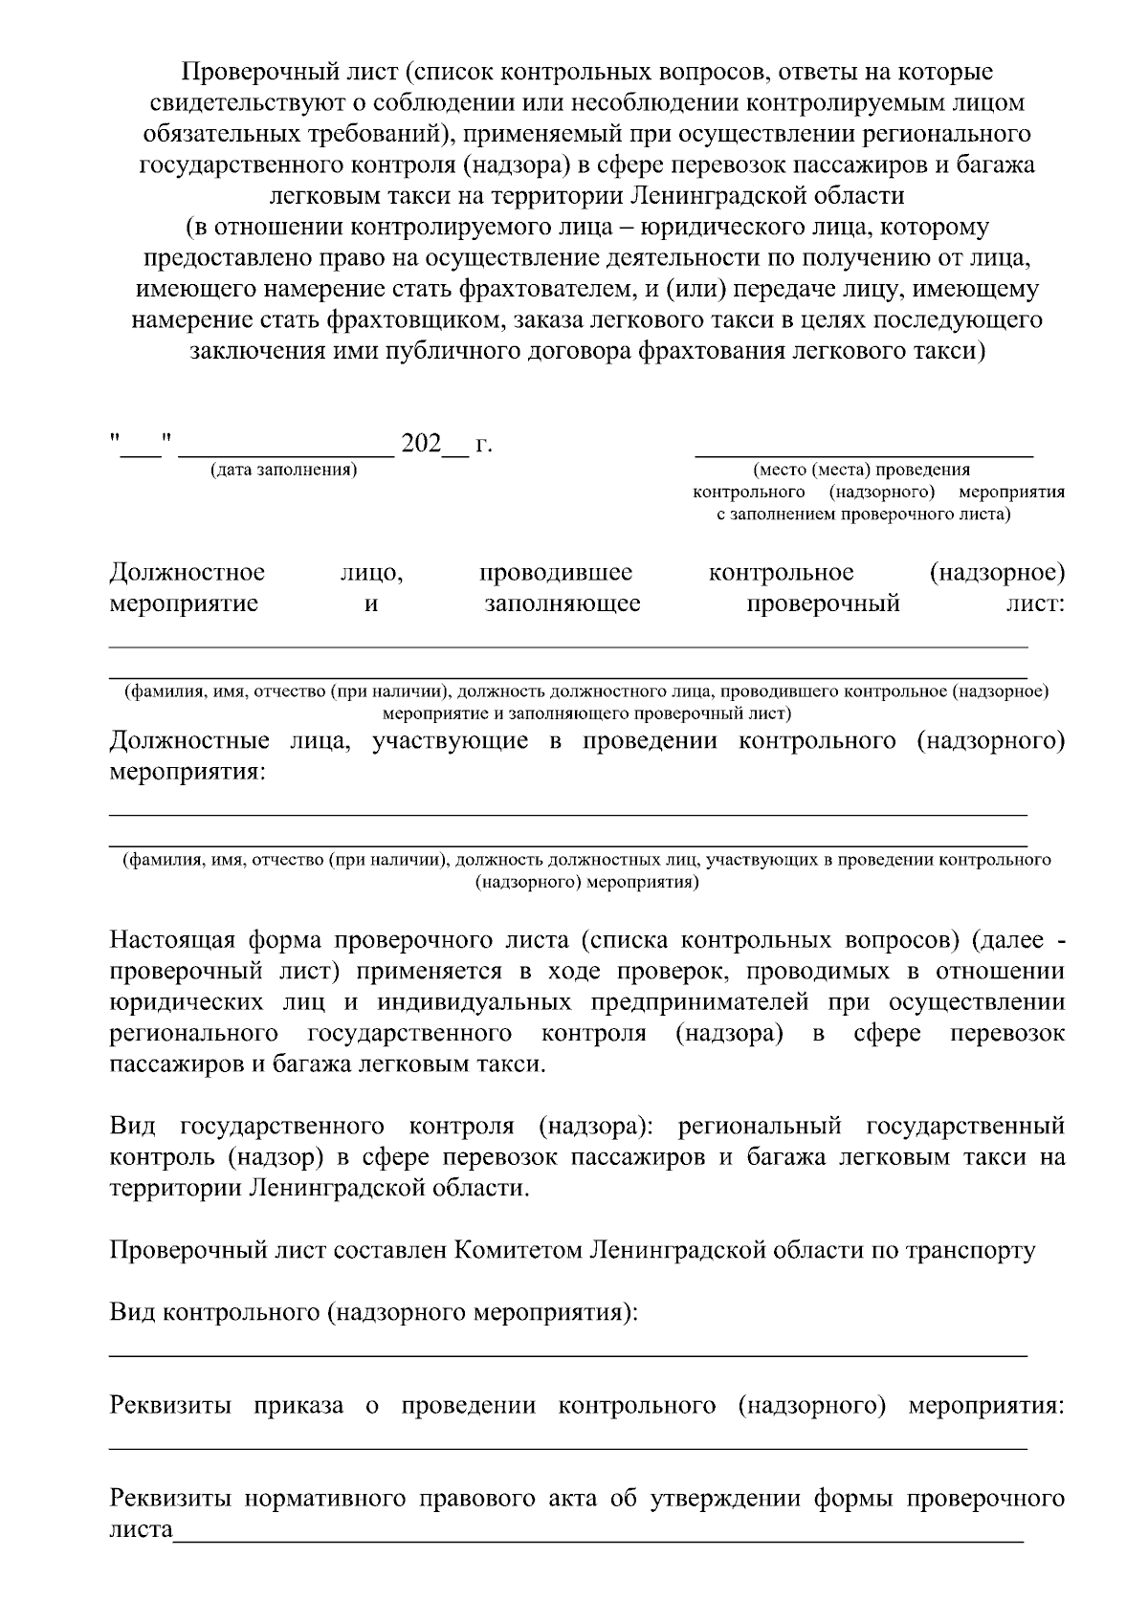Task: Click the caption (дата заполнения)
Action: [283, 470]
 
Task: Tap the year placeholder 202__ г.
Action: [446, 444]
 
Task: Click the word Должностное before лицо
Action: [188, 573]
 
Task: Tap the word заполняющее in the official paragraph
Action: [563, 604]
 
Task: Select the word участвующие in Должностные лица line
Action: [450, 741]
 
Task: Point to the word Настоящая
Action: [168, 940]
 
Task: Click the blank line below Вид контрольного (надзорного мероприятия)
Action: [568, 1355]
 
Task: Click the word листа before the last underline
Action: [141, 1529]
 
